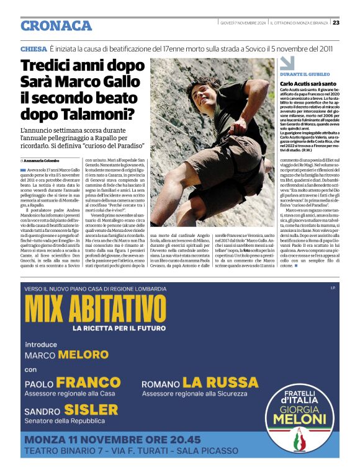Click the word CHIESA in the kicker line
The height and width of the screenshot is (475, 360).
(34, 48)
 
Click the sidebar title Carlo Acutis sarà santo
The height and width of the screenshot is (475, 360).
(308, 83)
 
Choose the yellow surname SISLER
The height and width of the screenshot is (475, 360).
(91, 409)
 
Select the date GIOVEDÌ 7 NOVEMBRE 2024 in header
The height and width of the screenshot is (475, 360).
(243, 23)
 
